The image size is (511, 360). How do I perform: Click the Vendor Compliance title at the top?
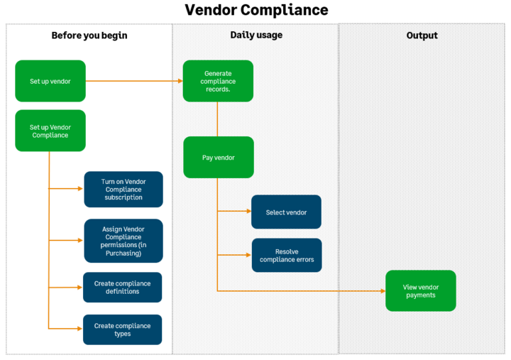(256, 10)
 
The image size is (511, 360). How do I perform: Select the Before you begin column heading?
(89, 36)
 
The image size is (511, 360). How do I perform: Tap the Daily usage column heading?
(255, 35)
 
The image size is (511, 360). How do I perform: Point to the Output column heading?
(422, 36)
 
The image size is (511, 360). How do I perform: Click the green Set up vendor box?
(50, 81)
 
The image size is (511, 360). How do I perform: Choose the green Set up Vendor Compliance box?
(50, 131)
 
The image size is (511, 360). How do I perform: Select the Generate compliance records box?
(218, 81)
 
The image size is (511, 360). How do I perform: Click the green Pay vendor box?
(218, 157)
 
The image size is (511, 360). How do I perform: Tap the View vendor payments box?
(421, 290)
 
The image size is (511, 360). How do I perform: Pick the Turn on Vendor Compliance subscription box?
(123, 190)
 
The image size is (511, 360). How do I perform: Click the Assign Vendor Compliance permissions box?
(123, 241)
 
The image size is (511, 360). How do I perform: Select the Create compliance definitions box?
(123, 288)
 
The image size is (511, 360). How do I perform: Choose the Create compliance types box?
(123, 329)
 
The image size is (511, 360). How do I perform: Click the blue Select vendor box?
(286, 212)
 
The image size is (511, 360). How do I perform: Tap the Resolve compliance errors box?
(287, 255)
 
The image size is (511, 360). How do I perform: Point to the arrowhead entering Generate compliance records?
(180, 81)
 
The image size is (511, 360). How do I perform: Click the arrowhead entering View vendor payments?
(383, 290)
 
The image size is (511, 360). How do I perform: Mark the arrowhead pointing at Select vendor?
(248, 211)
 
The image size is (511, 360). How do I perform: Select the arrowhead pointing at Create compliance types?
(79, 329)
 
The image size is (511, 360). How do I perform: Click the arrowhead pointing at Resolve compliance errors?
(248, 255)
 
